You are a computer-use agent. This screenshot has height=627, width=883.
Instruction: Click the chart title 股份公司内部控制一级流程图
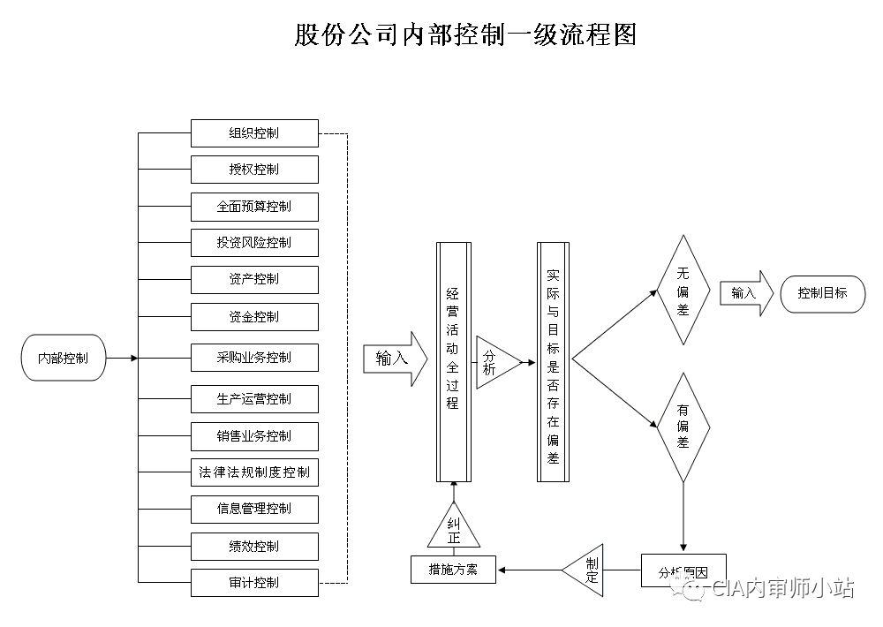point(464,34)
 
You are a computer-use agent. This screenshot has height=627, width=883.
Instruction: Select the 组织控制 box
point(254,133)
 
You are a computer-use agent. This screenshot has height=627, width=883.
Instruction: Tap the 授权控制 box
point(254,170)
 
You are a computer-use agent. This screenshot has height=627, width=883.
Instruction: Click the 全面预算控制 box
point(254,206)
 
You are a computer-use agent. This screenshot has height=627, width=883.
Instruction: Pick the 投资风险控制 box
point(254,242)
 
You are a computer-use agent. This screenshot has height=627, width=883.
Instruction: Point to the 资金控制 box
point(254,316)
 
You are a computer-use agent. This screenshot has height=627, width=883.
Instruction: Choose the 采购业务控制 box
point(254,358)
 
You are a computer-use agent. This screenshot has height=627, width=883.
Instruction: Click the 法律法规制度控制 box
point(254,472)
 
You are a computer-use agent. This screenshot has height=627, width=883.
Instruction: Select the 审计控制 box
point(254,582)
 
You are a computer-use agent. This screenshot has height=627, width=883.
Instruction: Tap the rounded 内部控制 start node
point(63,359)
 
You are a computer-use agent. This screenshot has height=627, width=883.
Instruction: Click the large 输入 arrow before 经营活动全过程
point(389,359)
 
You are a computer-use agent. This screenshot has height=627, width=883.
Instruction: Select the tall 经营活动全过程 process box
point(454,362)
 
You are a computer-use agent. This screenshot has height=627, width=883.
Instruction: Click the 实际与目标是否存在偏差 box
point(554,362)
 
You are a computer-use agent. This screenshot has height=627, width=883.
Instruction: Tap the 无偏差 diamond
point(683,290)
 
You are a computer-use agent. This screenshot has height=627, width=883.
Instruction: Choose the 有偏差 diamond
point(683,427)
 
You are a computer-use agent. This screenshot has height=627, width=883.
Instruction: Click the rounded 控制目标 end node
point(822,293)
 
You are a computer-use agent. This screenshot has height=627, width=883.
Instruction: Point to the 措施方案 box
point(453,570)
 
